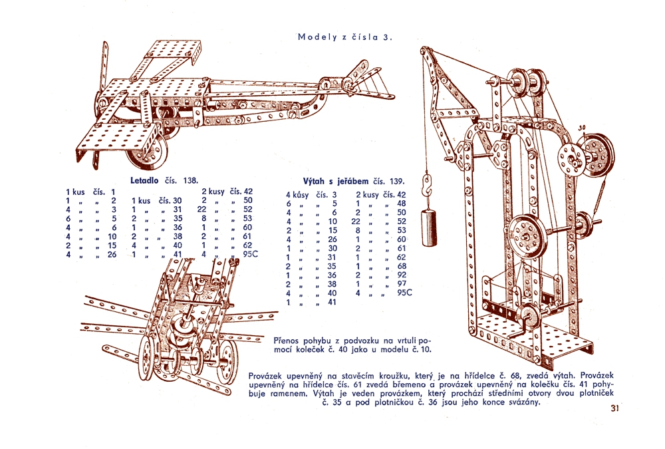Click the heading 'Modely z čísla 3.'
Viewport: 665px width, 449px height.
click(x=346, y=37)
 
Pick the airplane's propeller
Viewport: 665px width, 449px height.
click(x=104, y=86)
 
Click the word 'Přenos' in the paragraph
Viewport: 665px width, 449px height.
click(x=289, y=339)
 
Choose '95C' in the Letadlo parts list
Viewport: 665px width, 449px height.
click(x=251, y=253)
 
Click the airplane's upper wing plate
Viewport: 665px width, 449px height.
click(x=172, y=50)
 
